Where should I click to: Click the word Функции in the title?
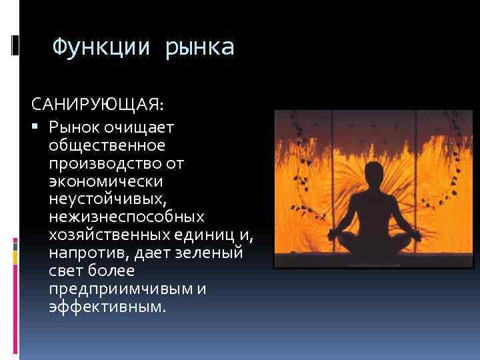point(103,47)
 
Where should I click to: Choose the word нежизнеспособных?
point(127,217)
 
